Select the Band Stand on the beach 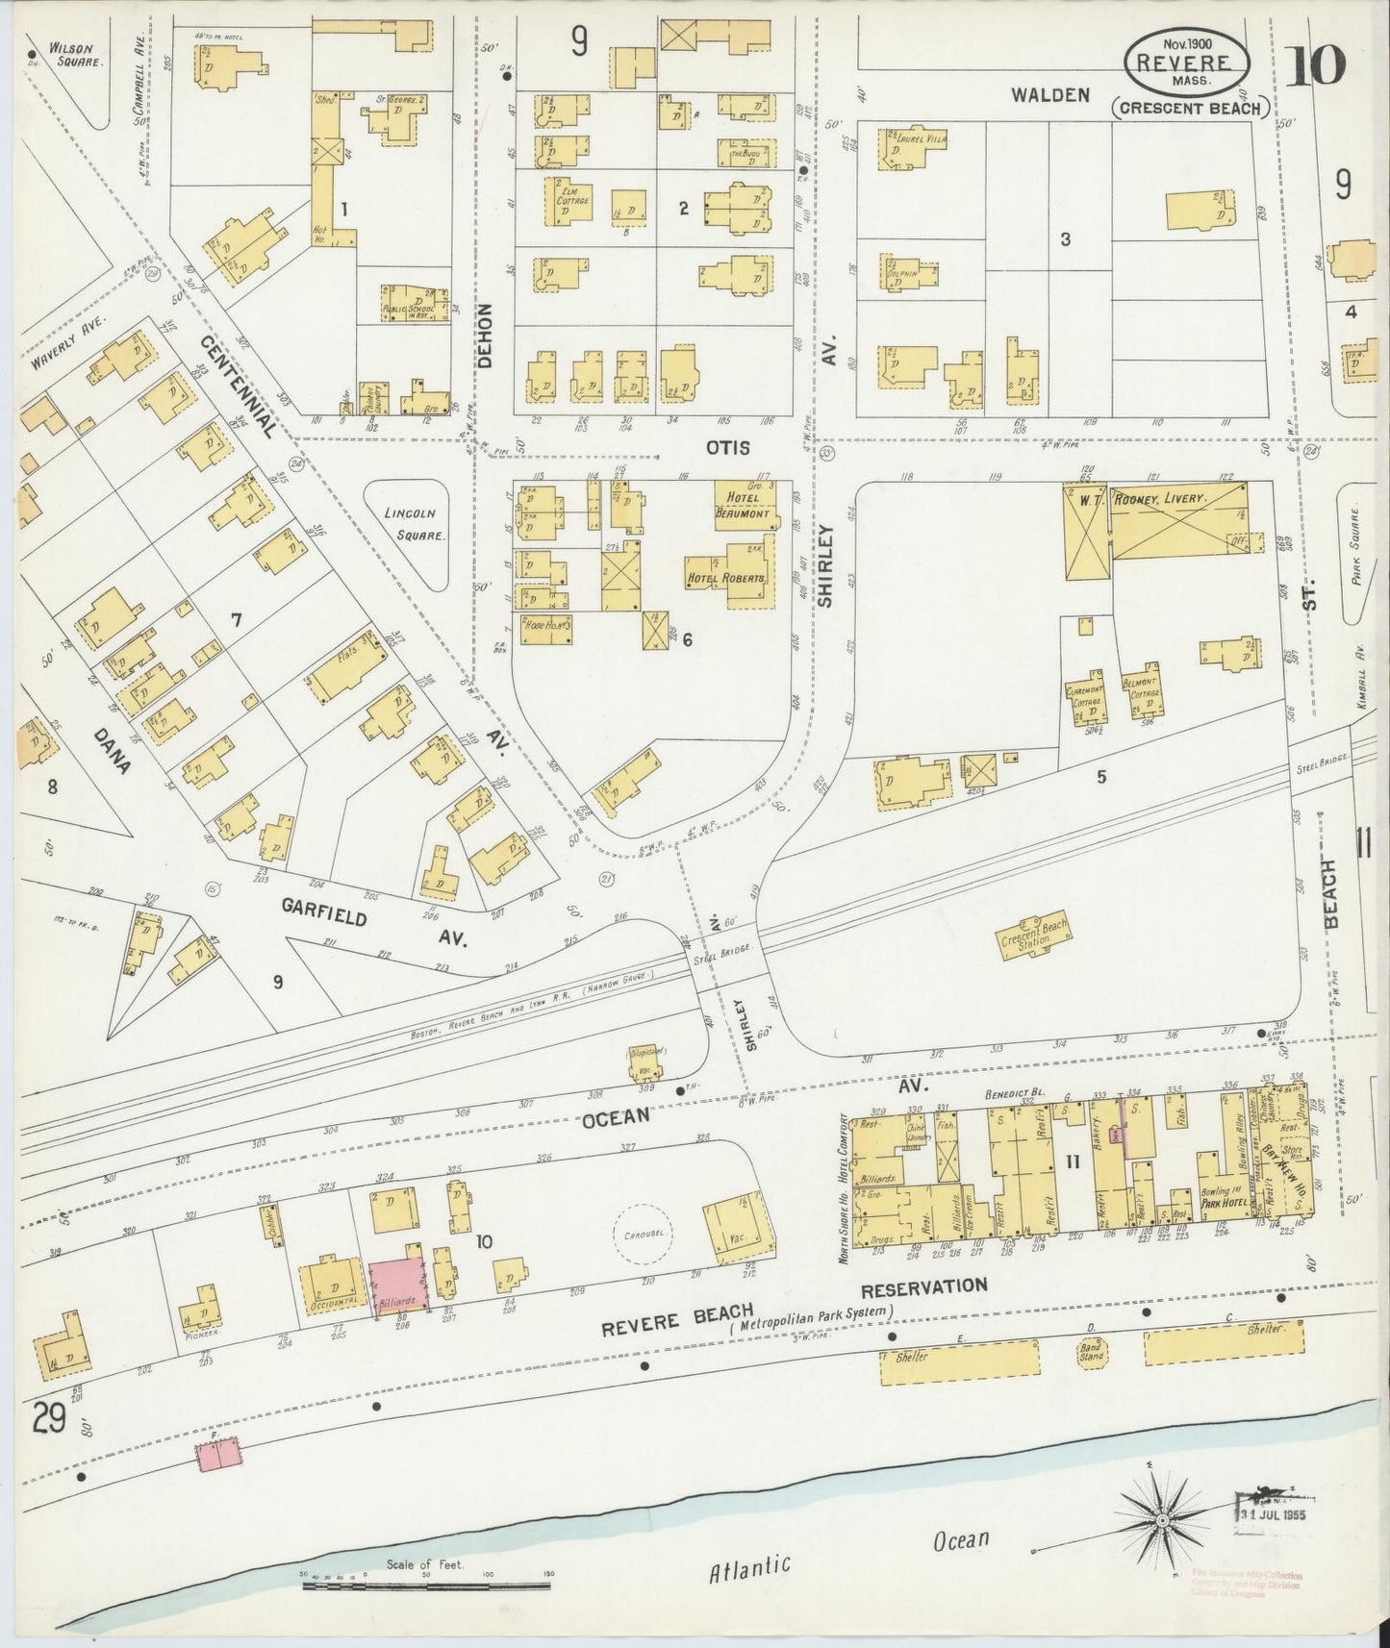[x=1092, y=1353]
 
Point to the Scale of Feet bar [x=425, y=1582]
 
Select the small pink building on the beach [x=219, y=1456]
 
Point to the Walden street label [x=1049, y=94]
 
